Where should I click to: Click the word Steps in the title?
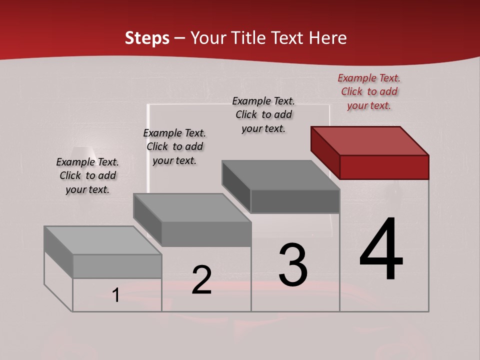[147, 38]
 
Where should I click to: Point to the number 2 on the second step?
[201, 279]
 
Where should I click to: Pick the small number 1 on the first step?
[116, 295]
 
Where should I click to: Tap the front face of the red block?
[384, 167]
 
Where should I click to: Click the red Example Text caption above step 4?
[369, 91]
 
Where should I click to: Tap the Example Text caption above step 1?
[87, 175]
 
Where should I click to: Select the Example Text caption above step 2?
[174, 146]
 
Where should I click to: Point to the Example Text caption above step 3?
[263, 114]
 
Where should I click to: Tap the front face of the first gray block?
[117, 266]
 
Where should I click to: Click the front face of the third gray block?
[295, 201]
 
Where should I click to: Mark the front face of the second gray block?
[206, 234]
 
